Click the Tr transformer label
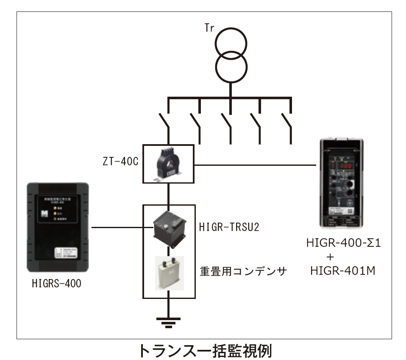[209, 29]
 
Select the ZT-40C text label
[120, 162]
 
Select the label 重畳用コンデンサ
[241, 271]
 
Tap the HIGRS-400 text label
[56, 283]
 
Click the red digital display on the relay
[345, 164]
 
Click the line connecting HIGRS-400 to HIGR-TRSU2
[117, 228]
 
